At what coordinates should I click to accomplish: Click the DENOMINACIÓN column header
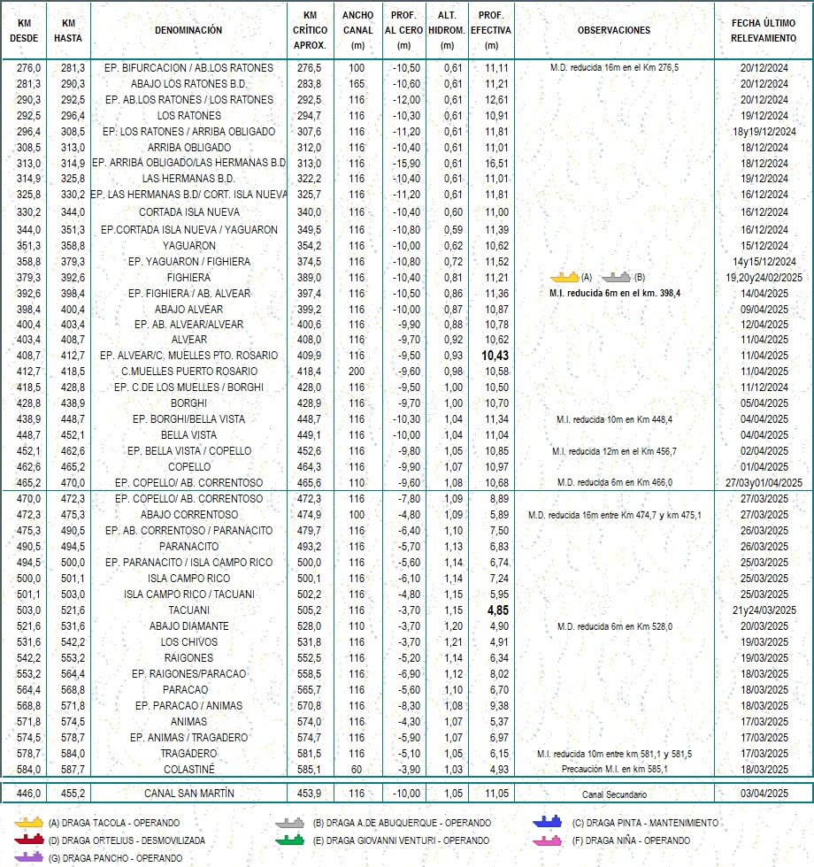click(x=188, y=30)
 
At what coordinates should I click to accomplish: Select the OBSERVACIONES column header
click(x=613, y=30)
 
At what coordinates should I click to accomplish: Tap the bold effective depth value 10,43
click(x=491, y=355)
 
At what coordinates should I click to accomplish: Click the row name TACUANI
click(x=188, y=610)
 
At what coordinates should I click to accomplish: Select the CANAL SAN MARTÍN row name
click(x=188, y=793)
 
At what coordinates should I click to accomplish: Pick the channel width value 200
click(x=357, y=371)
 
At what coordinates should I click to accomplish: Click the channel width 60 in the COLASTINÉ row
click(x=357, y=770)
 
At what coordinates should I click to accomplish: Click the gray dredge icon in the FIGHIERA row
click(x=618, y=277)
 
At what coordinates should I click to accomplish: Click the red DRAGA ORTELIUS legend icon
click(x=29, y=840)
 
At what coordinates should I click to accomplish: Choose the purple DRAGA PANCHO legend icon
click(x=29, y=857)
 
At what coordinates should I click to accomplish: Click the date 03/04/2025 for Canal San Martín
click(x=764, y=793)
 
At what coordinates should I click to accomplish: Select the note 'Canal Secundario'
click(x=613, y=794)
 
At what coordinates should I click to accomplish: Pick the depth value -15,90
click(x=403, y=164)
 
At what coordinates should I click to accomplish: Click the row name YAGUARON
click(x=188, y=245)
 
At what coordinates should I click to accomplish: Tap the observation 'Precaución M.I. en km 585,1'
click(x=613, y=770)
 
